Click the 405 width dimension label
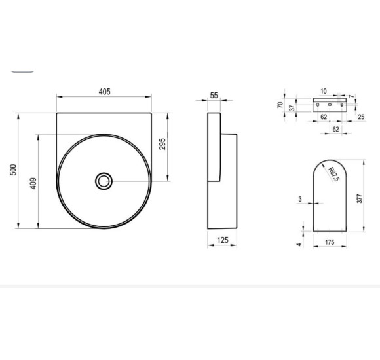[104, 92]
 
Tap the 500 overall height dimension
[13, 170]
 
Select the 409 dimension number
[33, 183]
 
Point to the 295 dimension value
[162, 144]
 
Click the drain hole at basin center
[104, 181]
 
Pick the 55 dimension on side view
[214, 96]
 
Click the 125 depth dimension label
[223, 240]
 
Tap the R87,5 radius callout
[334, 174]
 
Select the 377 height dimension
[360, 198]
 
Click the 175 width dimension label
[330, 242]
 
